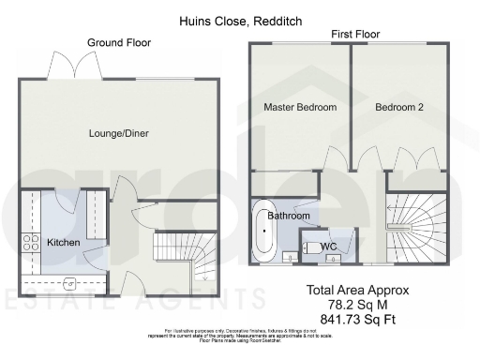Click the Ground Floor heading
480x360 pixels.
click(x=119, y=43)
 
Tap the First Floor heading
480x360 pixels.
click(x=355, y=35)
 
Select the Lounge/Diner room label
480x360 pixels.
click(x=118, y=133)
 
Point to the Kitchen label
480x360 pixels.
click(x=64, y=244)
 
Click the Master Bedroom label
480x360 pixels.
click(x=299, y=108)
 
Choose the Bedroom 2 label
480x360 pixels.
click(x=399, y=108)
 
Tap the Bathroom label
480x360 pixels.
click(x=289, y=216)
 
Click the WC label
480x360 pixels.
click(x=328, y=247)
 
